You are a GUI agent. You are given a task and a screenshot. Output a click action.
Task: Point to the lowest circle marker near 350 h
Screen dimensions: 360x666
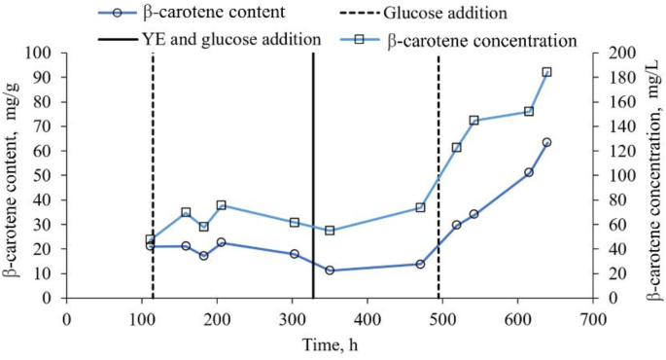tap(330, 270)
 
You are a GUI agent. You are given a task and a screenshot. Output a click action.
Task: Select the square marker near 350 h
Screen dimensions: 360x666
tap(330, 231)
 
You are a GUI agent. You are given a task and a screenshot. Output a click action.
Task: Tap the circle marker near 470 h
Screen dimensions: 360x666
tap(420, 264)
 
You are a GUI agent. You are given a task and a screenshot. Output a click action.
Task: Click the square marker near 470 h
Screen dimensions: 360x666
tap(420, 207)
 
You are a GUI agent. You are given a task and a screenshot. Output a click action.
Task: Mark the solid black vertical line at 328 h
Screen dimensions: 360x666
tap(313, 175)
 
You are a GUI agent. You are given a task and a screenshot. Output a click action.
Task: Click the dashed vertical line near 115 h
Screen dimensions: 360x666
tap(153, 175)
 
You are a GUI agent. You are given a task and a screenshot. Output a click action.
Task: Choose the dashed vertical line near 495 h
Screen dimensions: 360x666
tap(438, 175)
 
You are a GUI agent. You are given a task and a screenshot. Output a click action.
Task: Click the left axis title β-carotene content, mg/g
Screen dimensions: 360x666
tap(14, 175)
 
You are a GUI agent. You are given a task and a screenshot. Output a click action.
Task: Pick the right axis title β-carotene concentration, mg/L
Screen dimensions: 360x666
tap(652, 175)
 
